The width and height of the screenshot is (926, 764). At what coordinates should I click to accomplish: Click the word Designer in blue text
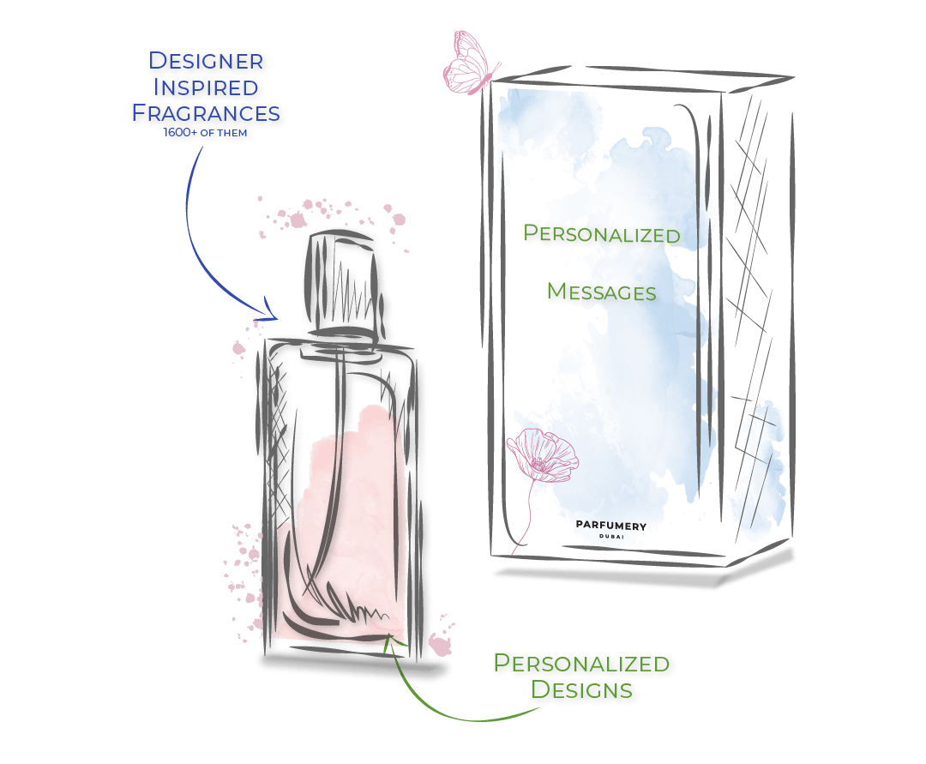click(206, 62)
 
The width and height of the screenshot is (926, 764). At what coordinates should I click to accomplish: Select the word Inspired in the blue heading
click(205, 87)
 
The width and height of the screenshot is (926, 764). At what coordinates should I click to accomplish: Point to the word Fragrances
click(205, 113)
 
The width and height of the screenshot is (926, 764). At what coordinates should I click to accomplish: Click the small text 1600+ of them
click(205, 133)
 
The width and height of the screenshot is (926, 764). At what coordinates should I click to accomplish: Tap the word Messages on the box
click(601, 292)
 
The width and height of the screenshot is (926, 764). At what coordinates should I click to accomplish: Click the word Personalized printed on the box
click(601, 233)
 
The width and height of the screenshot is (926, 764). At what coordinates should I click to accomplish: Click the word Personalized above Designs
click(581, 664)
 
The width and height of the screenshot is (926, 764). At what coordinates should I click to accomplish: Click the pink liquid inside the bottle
click(343, 514)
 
